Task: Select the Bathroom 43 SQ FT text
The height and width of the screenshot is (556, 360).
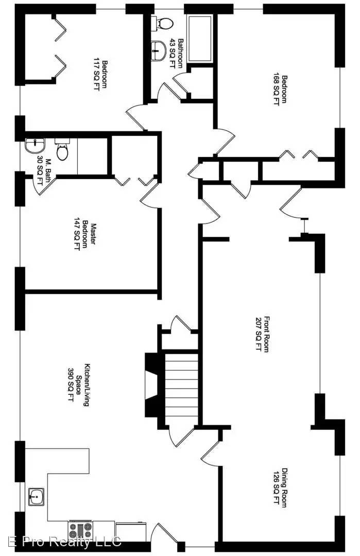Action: (x=177, y=53)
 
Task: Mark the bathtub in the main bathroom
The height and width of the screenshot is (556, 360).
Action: (x=200, y=39)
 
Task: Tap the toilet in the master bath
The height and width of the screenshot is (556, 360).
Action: (x=62, y=150)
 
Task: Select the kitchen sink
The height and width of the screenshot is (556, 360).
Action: (x=36, y=498)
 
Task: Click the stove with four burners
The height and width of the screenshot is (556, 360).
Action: (x=81, y=529)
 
